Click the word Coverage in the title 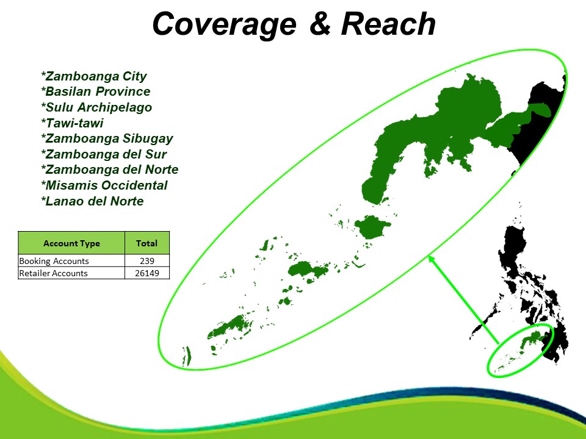(224, 24)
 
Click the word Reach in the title (388, 24)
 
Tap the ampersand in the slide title (320, 23)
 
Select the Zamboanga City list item (94, 76)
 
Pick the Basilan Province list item (96, 91)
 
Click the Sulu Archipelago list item (96, 107)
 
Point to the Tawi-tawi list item (72, 123)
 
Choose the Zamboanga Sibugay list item (107, 138)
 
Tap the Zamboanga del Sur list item (104, 154)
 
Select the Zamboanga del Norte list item (109, 170)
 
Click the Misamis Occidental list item (104, 185)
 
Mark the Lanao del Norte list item (92, 201)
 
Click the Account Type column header (71, 243)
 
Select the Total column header (146, 243)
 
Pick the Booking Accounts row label (54, 261)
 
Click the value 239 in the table (147, 261)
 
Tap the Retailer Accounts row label (53, 273)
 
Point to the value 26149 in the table (147, 273)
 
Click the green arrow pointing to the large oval (463, 299)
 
